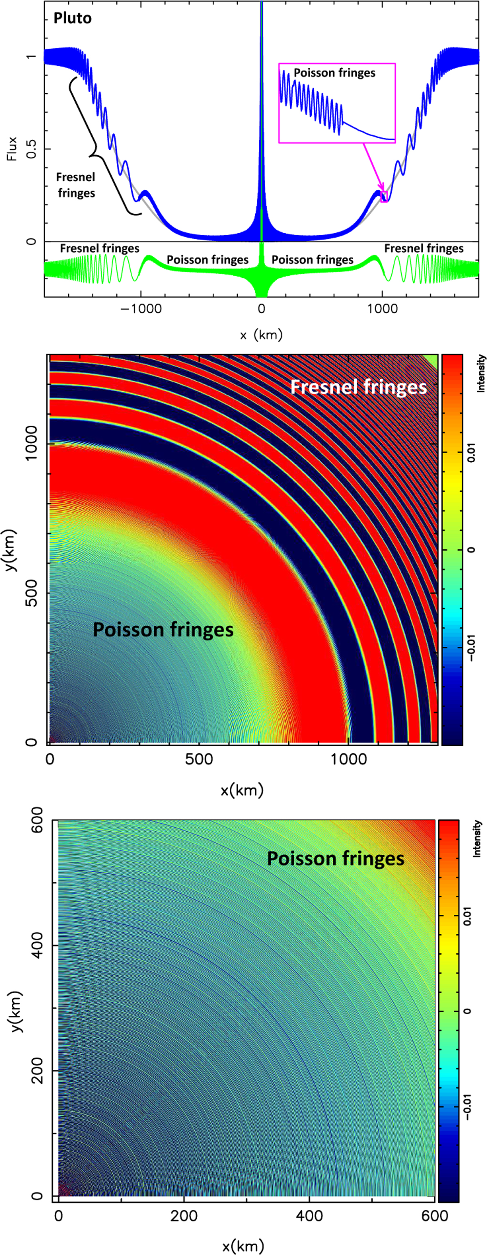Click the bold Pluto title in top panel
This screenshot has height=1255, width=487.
tap(73, 19)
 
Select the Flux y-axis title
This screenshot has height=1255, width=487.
tap(13, 148)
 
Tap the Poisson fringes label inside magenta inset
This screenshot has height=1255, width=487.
tap(335, 73)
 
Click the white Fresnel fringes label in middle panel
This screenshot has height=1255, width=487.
tap(358, 387)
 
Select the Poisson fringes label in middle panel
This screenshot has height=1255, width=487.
tap(163, 630)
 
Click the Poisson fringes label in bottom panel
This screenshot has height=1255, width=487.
tap(335, 858)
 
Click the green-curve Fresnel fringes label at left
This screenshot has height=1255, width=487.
tap(99, 249)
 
